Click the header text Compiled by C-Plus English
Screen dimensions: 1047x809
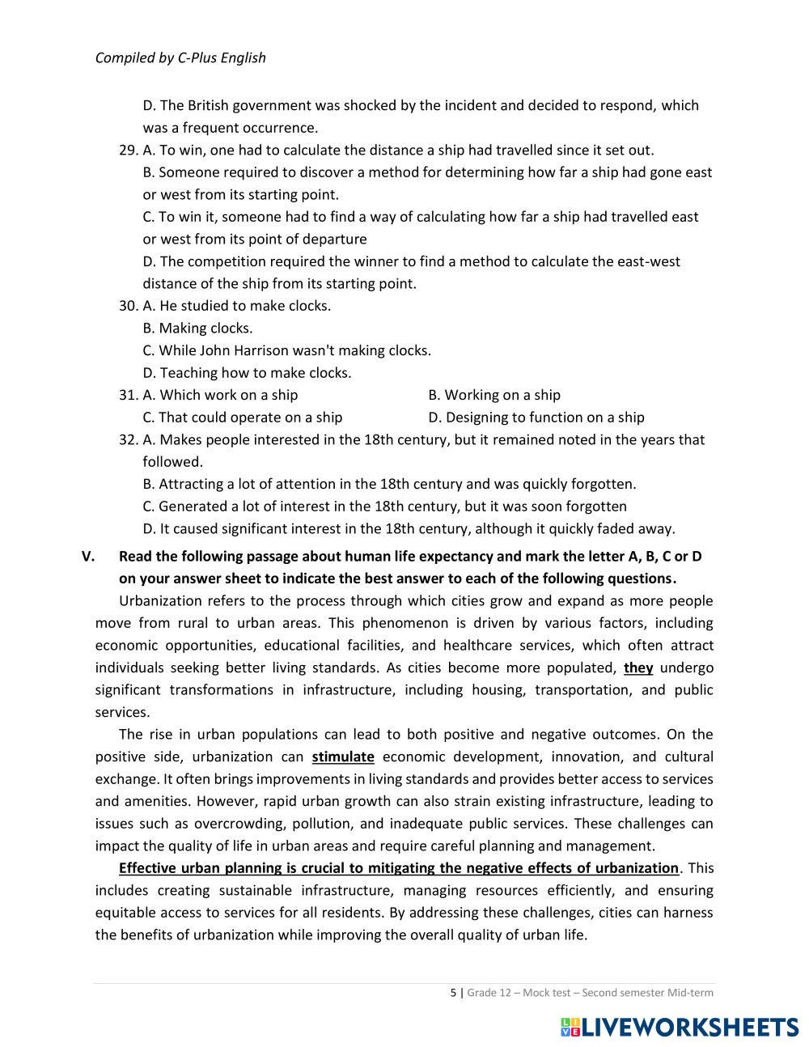180,57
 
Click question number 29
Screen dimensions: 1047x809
128,150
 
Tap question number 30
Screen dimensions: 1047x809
128,306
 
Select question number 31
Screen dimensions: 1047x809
128,395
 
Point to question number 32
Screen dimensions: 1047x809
128,439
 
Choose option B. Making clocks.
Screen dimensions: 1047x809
197,329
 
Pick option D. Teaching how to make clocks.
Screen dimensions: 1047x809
247,373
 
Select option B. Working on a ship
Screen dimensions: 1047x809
494,395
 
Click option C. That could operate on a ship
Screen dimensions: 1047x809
243,418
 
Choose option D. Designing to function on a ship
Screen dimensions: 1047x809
536,418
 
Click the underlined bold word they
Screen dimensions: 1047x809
638,668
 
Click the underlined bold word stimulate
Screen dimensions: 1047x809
343,757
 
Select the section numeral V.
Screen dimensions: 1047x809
88,557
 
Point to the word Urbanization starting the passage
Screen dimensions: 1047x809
160,601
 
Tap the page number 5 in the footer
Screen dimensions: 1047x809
453,993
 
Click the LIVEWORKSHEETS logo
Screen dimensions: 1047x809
679,1028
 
